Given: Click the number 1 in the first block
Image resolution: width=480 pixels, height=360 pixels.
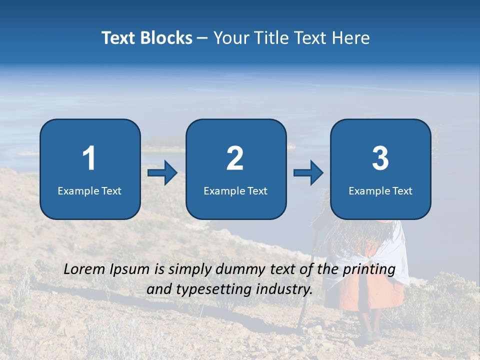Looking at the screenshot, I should pos(89,158).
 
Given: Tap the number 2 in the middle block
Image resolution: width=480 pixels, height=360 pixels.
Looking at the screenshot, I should pos(235,158).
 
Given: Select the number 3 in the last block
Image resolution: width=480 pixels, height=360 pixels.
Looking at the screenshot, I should pos(380,158).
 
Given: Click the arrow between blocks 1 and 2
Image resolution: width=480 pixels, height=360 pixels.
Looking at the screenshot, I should pos(162,173).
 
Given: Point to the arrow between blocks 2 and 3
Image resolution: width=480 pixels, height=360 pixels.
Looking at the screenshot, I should pos(308,173).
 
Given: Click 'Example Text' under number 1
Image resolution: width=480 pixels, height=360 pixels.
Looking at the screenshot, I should pos(89,191).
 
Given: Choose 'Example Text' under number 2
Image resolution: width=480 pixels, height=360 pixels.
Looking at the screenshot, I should pos(235,191).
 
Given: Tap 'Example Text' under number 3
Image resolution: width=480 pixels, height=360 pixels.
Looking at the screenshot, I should pos(380,191).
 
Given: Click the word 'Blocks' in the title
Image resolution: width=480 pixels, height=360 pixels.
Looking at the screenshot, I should pos(166,38).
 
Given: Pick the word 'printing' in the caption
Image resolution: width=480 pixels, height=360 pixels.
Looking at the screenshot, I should pos(370,270).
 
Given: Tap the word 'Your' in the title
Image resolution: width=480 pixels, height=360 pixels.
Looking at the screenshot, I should pos(229,38).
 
